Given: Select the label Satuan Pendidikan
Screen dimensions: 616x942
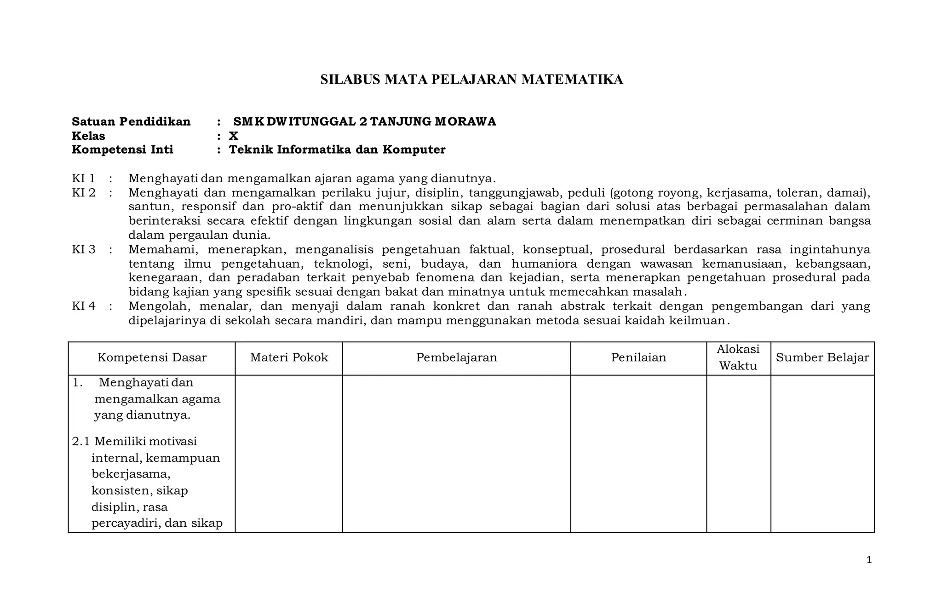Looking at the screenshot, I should coord(131,121).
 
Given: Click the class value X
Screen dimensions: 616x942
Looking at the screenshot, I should coord(234,136).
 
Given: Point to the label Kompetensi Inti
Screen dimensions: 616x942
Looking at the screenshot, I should coord(122,150).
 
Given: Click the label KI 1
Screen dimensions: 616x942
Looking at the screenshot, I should coord(83,178).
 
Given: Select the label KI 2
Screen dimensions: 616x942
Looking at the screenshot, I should coord(83,192).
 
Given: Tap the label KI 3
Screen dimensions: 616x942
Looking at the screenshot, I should coord(83,249).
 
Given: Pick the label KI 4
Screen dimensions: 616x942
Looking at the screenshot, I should coord(83,306).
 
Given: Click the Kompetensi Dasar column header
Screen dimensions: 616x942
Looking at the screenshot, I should coord(152,357).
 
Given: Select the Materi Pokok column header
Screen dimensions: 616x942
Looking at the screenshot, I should coord(289,357).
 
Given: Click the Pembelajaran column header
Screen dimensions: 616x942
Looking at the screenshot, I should coord(456,357).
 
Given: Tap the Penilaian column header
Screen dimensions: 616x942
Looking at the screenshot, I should coord(638,357).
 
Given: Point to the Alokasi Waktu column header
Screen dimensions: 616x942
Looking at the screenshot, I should coord(738,357).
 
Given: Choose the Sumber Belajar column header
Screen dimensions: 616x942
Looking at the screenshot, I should coord(822,357).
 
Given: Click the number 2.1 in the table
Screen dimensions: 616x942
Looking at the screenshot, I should coord(81,441).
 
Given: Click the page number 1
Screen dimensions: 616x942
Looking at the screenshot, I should coord(869,560).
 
